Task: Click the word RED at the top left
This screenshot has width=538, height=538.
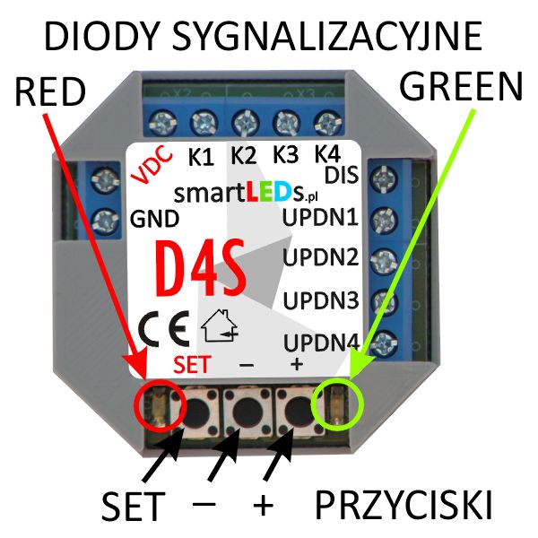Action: [x=50, y=91]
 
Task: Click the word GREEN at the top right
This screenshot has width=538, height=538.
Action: [x=461, y=86]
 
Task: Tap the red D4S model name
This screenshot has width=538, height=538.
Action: [x=202, y=268]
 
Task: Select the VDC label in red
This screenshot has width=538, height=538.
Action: [x=153, y=164]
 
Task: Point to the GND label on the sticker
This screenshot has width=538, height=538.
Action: [x=155, y=219]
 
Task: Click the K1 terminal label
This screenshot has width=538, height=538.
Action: [x=202, y=157]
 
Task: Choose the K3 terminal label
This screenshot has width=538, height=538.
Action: [x=285, y=154]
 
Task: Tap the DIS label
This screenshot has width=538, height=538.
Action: [x=342, y=176]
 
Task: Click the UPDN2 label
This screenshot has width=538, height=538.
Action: [x=320, y=257]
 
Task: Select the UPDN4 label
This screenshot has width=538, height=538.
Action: [x=321, y=343]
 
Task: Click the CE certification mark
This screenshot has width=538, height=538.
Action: [x=164, y=328]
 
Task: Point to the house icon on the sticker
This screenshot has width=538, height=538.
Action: [x=220, y=326]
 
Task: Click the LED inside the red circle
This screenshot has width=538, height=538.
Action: [x=160, y=408]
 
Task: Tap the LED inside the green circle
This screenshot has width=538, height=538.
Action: [x=338, y=405]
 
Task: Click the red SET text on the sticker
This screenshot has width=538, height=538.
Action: [x=193, y=364]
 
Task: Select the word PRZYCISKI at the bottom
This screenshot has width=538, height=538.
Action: [x=403, y=506]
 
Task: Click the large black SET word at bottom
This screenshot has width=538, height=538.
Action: [x=133, y=506]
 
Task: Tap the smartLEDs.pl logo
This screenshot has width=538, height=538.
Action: [x=246, y=194]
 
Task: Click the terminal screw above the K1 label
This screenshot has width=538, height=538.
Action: [x=204, y=123]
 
